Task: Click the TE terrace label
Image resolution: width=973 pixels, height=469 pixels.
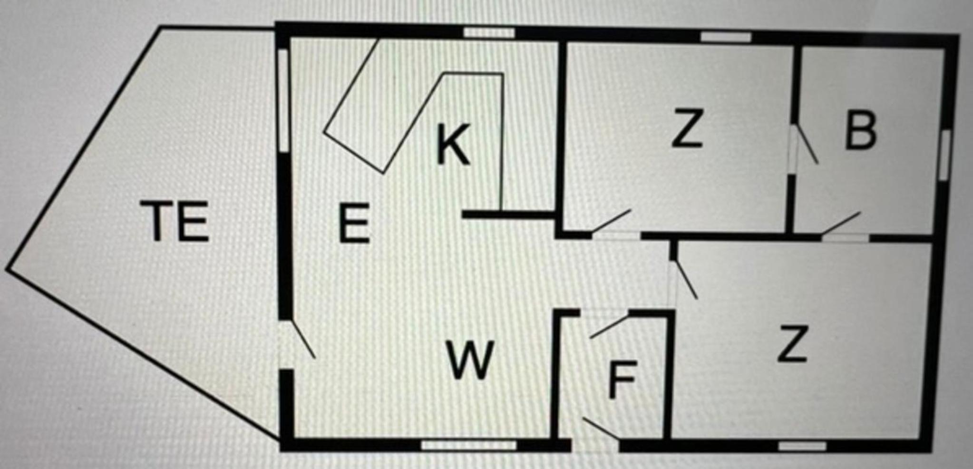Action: [x=175, y=221]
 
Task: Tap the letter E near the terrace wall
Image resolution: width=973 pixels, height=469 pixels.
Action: [x=354, y=223]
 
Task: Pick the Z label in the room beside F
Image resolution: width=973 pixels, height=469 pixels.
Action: [x=792, y=343]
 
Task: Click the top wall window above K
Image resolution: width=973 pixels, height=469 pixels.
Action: [x=489, y=33]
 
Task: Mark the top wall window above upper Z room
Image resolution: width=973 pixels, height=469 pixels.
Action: [x=726, y=37]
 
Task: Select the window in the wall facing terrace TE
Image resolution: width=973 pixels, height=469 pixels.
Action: [x=283, y=100]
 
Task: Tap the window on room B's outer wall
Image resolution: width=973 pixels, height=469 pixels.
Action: [x=944, y=155]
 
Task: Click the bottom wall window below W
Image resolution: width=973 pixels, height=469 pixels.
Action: [x=469, y=445]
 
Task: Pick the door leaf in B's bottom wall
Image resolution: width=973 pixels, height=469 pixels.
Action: [x=841, y=223]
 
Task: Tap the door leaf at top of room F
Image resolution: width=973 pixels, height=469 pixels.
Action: [x=609, y=326]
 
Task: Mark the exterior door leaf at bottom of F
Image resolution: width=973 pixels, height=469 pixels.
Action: [x=601, y=428]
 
